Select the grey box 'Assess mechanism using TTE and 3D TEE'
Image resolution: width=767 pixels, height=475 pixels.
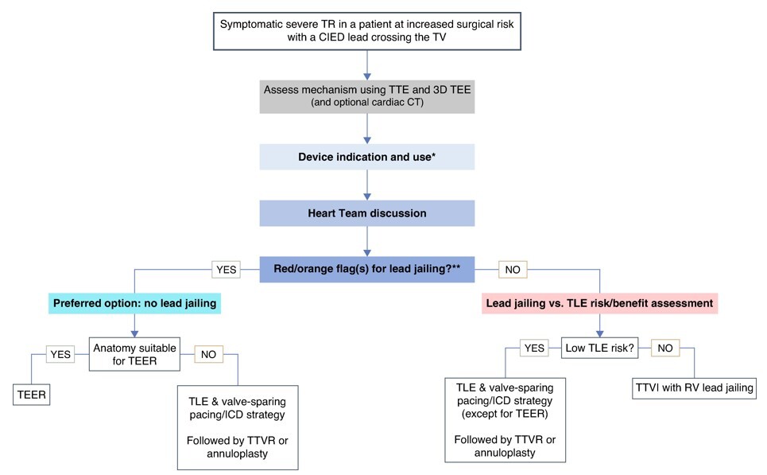(x=366, y=95)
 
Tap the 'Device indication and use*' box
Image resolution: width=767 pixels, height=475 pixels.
(x=366, y=157)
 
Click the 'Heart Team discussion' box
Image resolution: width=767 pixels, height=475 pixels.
(x=366, y=213)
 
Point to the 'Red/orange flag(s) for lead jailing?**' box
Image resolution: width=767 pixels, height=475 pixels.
(x=366, y=270)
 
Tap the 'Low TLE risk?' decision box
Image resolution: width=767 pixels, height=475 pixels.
(x=598, y=348)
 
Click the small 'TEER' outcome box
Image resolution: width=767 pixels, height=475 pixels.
(x=32, y=393)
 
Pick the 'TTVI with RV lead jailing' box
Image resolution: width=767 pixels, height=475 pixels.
(x=692, y=387)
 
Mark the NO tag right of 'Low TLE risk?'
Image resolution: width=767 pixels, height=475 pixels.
(x=666, y=348)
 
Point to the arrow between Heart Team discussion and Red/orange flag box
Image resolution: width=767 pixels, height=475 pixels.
(x=366, y=241)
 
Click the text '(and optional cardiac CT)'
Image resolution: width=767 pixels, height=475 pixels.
(x=366, y=103)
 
